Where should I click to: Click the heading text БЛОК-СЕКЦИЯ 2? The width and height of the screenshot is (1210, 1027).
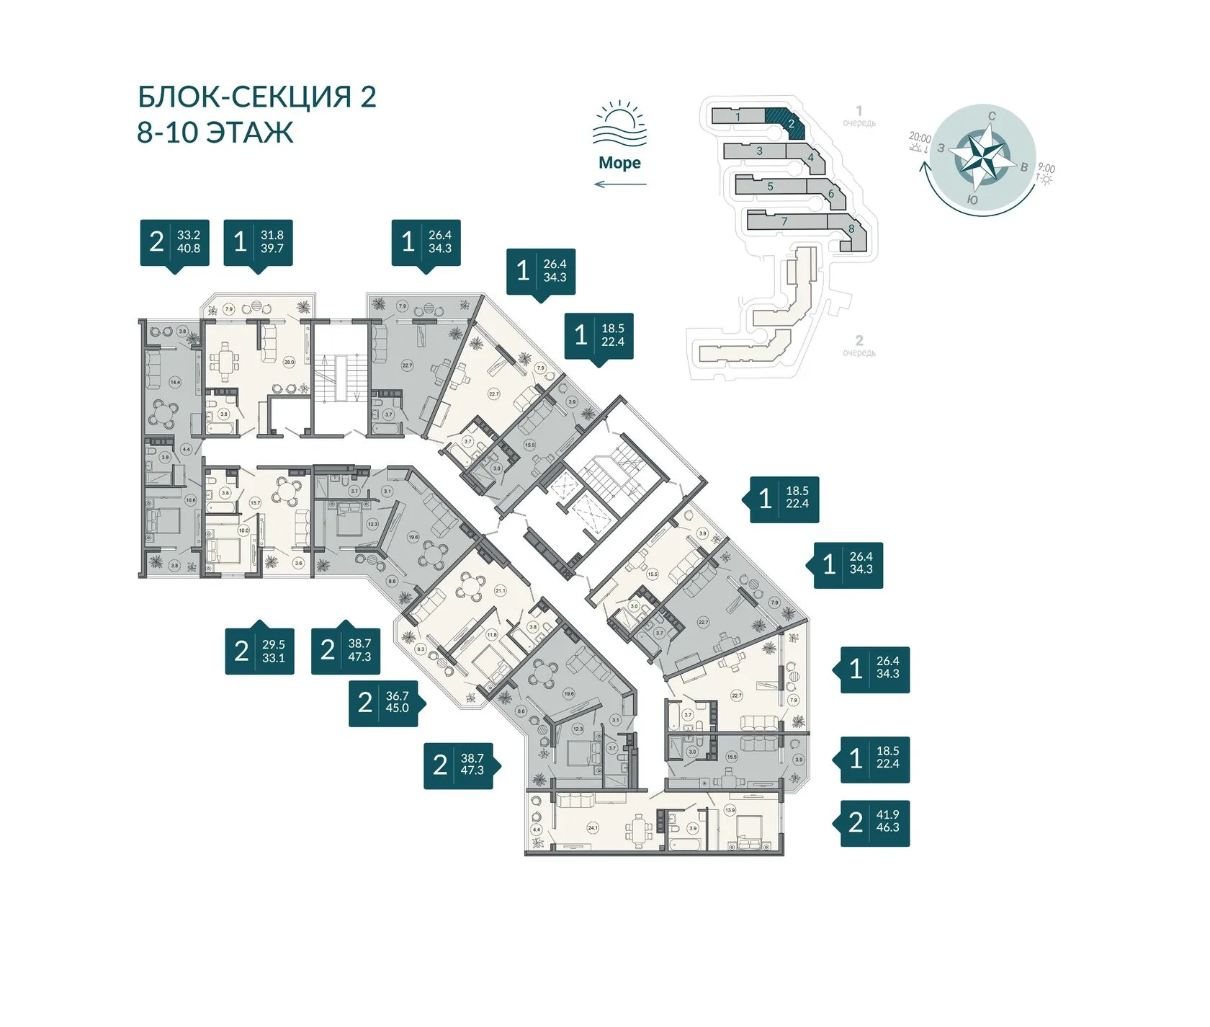256,97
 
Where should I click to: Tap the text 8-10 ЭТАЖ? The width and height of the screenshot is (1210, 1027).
215,133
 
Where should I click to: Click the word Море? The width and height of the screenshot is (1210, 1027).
619,163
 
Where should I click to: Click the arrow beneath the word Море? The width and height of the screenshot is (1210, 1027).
619,184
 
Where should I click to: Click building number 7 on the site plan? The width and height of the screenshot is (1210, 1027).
784,221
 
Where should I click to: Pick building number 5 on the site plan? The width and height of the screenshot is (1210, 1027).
770,187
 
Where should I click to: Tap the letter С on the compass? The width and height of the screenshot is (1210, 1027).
992,116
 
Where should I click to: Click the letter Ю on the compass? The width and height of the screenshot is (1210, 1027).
972,200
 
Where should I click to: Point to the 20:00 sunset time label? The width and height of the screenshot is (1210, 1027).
920,138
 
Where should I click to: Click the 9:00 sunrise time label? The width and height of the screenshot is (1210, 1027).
1047,169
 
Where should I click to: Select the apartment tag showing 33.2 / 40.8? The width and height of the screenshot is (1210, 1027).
174,243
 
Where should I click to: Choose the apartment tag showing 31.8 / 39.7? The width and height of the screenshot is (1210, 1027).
258,243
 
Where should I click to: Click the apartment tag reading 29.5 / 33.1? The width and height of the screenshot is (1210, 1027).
259,651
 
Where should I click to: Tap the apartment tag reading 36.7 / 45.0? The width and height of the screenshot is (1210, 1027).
384,703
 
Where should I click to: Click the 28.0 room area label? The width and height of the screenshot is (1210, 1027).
289,362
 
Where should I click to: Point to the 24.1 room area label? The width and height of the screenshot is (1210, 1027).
593,828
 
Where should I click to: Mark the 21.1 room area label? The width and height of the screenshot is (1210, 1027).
500,590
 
